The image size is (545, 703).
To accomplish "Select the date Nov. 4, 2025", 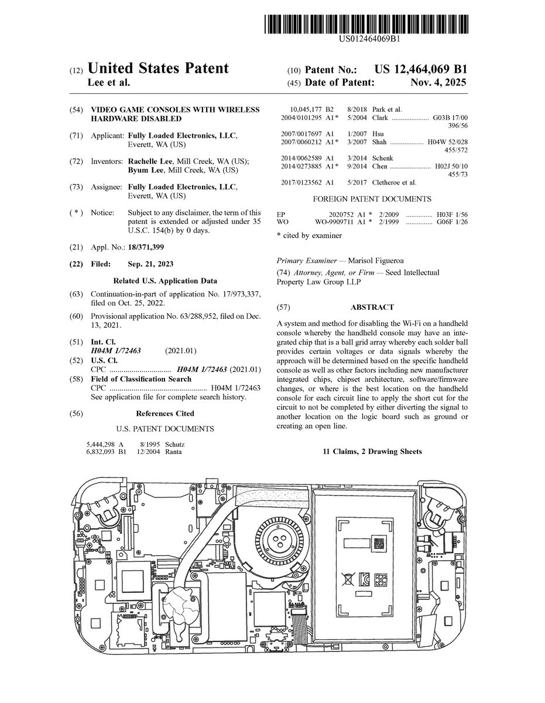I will click(438, 83).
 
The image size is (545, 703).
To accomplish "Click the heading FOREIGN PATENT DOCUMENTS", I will click(372, 199).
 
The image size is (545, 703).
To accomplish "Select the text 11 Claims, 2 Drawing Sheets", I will click(372, 452).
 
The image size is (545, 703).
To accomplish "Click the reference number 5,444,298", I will click(101, 445).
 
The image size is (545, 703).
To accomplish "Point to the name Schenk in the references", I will click(382, 158).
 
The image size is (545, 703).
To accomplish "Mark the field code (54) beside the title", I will click(76, 110).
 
